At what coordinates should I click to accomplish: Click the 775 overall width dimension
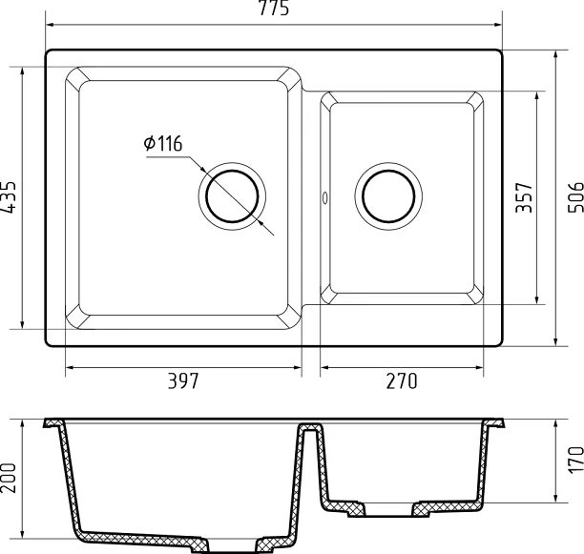pos(274,9)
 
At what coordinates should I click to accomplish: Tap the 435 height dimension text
pos(9,197)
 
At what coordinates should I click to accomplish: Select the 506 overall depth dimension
pos(575,197)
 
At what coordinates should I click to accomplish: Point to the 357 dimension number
pos(524,197)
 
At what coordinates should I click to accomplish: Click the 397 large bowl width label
pos(183,380)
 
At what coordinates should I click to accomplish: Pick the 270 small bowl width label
pos(402,380)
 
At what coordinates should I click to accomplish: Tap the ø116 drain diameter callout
pos(163,144)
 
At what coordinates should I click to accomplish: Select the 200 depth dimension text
pos(9,478)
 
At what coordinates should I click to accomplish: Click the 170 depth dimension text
pos(575,461)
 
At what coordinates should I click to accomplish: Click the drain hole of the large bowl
pos(232,196)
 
